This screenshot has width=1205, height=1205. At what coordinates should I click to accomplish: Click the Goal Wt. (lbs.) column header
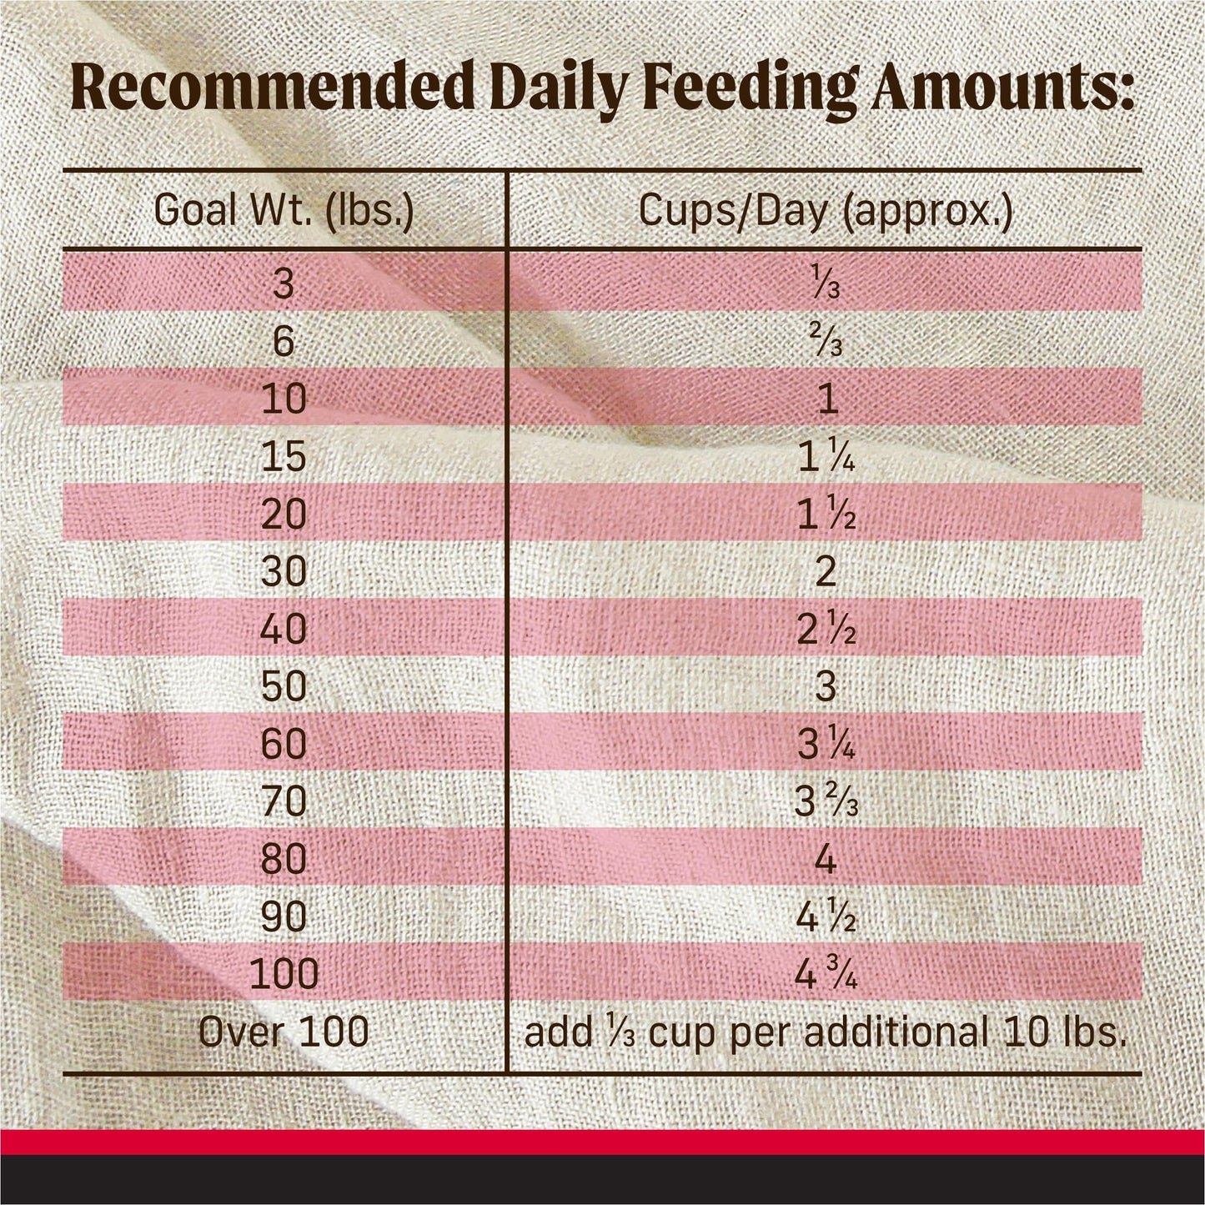[284, 212]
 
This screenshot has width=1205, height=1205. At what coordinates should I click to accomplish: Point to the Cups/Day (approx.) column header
[826, 212]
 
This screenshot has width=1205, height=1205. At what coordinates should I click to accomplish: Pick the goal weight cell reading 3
[284, 284]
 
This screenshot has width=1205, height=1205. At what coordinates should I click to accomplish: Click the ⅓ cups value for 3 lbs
[826, 284]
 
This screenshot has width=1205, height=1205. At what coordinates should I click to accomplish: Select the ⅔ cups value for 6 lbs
[826, 341]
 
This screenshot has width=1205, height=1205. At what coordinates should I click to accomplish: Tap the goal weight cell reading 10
[284, 399]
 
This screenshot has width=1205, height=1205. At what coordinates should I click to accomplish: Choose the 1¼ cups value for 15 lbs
[826, 458]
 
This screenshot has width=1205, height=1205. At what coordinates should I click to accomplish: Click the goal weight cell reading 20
[284, 514]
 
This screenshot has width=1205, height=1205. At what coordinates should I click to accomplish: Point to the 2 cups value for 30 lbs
[826, 571]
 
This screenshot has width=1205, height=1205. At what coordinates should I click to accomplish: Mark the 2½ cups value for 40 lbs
[826, 630]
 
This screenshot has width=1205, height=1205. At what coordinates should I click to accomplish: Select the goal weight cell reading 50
[284, 686]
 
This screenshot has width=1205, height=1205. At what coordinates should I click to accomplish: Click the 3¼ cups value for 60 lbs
[826, 745]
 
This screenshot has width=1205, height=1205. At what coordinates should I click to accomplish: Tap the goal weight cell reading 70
[284, 801]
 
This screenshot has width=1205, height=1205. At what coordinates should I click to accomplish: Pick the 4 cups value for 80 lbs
[826, 859]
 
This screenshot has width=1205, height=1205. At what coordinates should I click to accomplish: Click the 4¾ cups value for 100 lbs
[826, 974]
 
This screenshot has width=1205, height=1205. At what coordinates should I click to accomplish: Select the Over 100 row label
[284, 1032]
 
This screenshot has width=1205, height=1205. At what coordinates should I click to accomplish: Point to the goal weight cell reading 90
[284, 916]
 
